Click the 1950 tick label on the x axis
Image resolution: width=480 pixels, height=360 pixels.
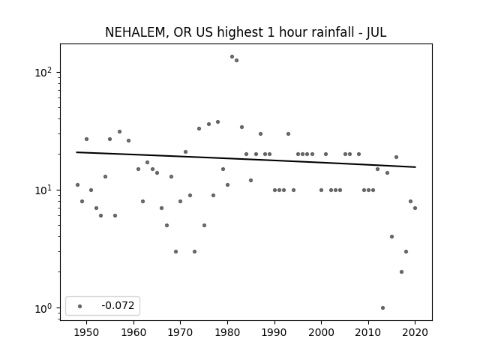click(x=87, y=332)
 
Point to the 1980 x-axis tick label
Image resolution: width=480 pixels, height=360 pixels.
click(x=227, y=332)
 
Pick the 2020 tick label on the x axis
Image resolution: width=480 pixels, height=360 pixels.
click(x=415, y=332)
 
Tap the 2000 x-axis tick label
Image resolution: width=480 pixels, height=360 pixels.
click(x=321, y=332)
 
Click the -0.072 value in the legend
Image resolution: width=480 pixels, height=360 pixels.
click(x=118, y=305)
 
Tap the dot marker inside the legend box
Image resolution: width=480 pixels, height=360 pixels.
click(x=80, y=306)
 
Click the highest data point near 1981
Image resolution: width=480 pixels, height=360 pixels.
click(x=232, y=57)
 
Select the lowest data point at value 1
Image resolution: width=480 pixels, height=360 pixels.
click(x=382, y=308)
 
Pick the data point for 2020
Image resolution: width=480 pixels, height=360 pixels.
click(x=415, y=208)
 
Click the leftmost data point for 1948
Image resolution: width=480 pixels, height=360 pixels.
click(x=77, y=185)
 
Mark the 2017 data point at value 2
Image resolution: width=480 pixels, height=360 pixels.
click(x=401, y=271)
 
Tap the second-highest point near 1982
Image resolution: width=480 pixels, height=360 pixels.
click(x=237, y=60)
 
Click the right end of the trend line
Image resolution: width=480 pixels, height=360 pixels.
click(x=415, y=167)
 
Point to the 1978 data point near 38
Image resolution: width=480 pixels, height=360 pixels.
click(x=218, y=121)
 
